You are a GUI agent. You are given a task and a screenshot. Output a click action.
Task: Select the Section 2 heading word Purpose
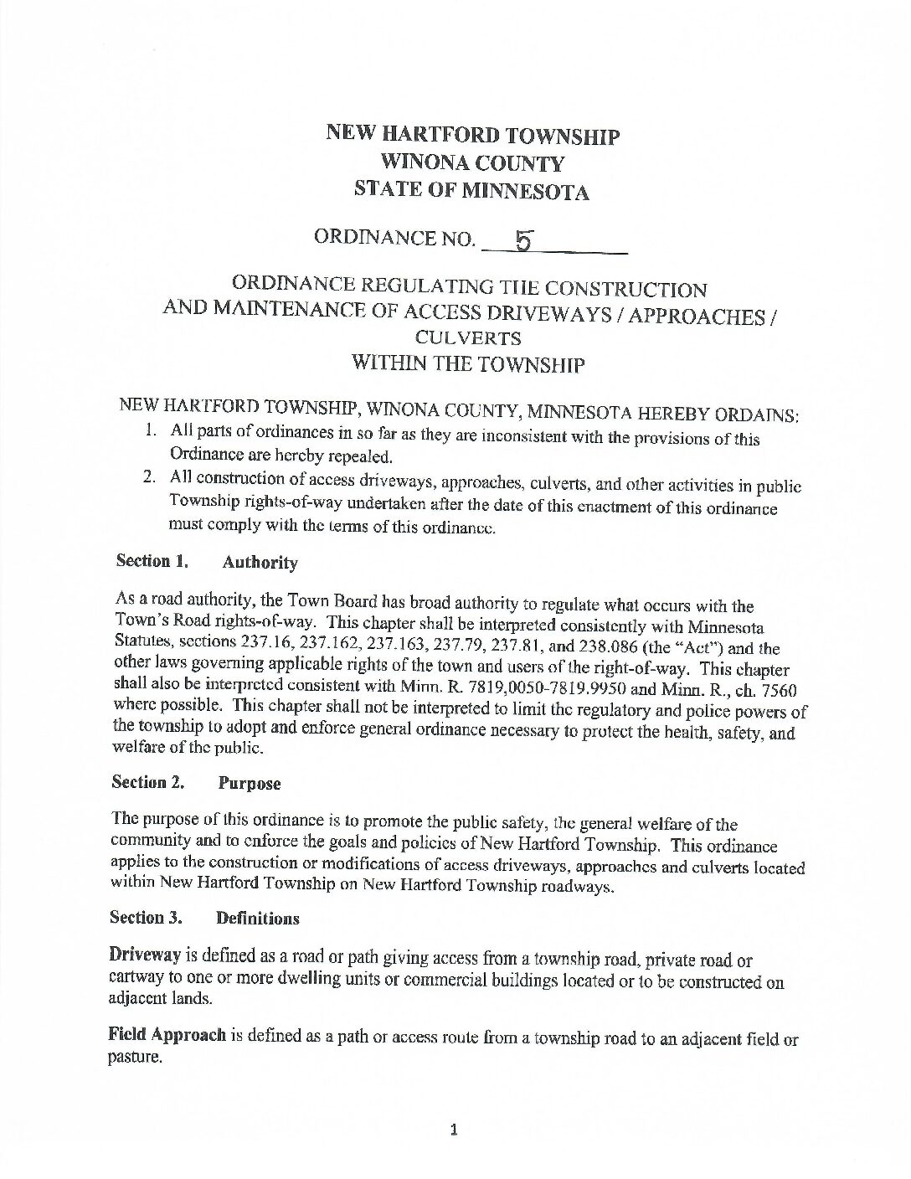pyautogui.click(x=250, y=784)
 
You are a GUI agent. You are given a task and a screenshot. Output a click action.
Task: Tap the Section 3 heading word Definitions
pyautogui.click(x=257, y=919)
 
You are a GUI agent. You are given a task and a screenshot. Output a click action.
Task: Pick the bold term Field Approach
pyautogui.click(x=167, y=1035)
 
